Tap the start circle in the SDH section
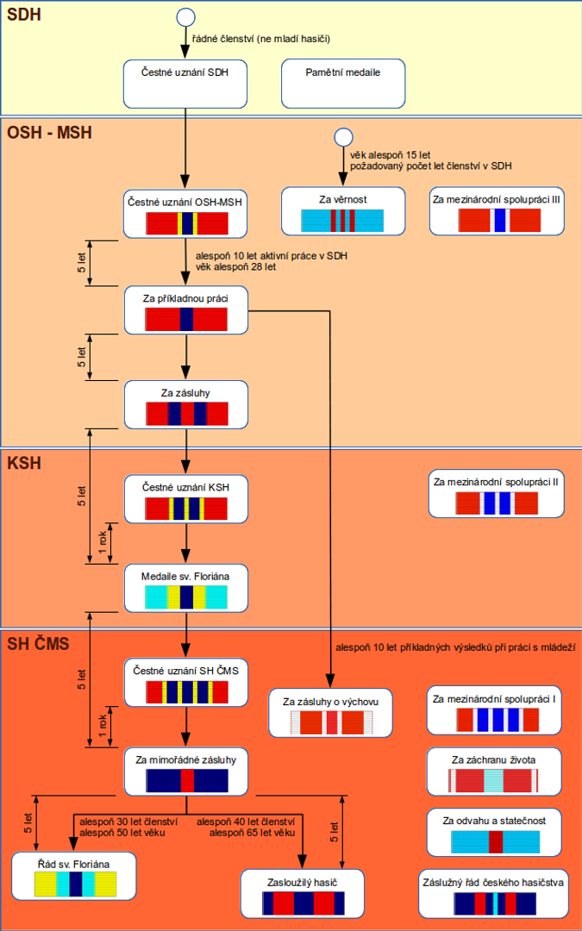pyautogui.click(x=185, y=17)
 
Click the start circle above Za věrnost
pyautogui.click(x=342, y=137)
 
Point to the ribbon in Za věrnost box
pyautogui.click(x=342, y=221)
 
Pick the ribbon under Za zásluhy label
pyautogui.click(x=186, y=414)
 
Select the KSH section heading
pyautogui.click(x=24, y=463)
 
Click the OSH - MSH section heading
pyautogui.click(x=49, y=133)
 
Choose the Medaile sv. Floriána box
pyautogui.click(x=186, y=587)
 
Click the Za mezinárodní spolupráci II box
pyautogui.click(x=497, y=493)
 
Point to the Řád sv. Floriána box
pyautogui.click(x=75, y=875)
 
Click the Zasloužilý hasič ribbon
pyautogui.click(x=303, y=903)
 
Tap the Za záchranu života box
pyautogui.click(x=494, y=771)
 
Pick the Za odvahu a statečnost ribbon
pyautogui.click(x=494, y=841)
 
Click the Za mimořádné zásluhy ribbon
pyautogui.click(x=186, y=781)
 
